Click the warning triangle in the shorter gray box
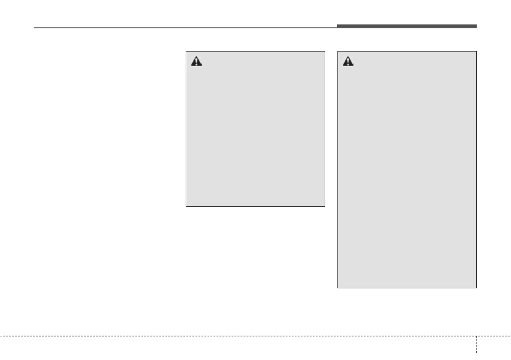point(196,61)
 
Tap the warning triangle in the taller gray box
point(348,61)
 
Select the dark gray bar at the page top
point(406,27)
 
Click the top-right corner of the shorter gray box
point(325,52)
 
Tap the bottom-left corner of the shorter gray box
point(186,206)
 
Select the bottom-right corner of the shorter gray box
point(325,206)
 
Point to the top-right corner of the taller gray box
point(476,52)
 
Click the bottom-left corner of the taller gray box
point(338,287)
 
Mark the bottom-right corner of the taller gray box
point(476,287)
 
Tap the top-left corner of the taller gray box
point(338,52)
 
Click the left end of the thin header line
point(34,28)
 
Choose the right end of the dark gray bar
point(476,27)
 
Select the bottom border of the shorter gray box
point(255,206)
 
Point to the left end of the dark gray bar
point(337,27)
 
